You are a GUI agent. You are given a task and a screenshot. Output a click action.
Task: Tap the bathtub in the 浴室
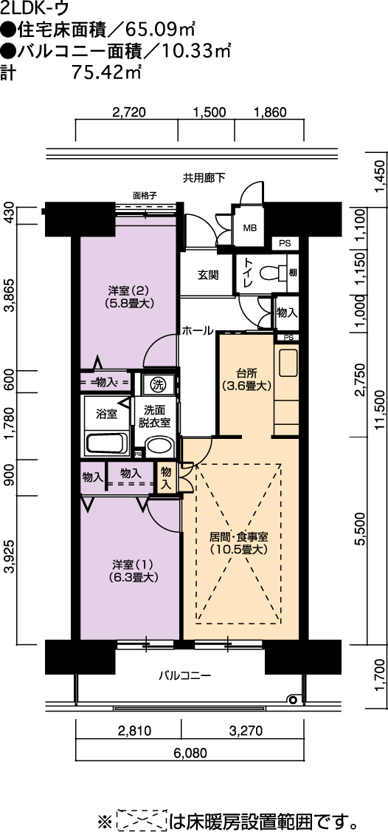click(x=106, y=444)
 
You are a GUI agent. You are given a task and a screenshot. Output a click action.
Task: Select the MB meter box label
click(x=249, y=228)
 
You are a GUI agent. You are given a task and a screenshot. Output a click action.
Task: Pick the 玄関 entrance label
click(x=207, y=276)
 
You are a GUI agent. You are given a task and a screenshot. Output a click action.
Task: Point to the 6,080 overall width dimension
click(x=190, y=752)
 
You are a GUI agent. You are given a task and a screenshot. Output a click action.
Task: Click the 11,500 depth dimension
click(x=378, y=408)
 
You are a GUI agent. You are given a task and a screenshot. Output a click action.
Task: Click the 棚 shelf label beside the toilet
click(x=293, y=273)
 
